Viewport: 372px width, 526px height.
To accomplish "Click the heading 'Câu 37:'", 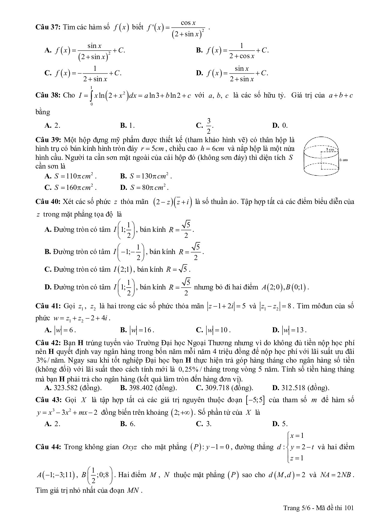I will point(48,27).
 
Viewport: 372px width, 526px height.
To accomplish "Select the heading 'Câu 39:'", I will point(48,140).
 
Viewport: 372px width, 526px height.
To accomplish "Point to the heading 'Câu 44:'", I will point(48,447).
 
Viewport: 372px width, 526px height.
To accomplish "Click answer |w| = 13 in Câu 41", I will point(289,330).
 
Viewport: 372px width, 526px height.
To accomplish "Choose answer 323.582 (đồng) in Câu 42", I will point(73,388).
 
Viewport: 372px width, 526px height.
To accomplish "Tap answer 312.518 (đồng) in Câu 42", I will point(301,388).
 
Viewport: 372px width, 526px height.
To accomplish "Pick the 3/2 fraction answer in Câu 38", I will point(208,126).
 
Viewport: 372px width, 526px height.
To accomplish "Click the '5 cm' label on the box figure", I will point(330,149).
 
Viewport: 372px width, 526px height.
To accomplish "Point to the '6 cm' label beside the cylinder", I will point(343,160).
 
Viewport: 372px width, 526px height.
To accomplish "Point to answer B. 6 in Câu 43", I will point(128,424).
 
